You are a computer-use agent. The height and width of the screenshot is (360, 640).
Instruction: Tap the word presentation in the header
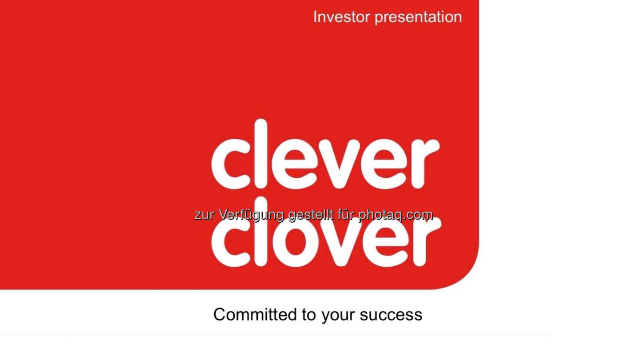point(418,18)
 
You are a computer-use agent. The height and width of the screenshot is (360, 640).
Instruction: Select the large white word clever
point(325,154)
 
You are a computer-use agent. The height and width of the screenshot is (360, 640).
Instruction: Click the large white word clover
point(326,232)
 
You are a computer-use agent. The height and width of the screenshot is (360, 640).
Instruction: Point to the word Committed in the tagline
point(256,315)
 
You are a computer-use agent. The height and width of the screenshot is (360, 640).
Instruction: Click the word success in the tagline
point(391,315)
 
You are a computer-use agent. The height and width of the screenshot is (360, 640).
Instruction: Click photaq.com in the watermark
point(396,215)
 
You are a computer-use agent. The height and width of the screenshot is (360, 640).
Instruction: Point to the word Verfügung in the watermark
point(251,215)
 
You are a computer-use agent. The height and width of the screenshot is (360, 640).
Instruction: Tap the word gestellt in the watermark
point(311,215)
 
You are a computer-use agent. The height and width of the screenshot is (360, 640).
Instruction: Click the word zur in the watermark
point(204,215)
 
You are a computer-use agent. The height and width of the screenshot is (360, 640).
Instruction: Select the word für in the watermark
point(346,215)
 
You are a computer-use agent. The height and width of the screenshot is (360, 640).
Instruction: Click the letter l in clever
point(260,154)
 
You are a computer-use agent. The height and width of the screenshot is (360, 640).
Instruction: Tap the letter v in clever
point(339,164)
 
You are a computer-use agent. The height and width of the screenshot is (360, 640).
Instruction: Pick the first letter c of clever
point(231,164)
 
